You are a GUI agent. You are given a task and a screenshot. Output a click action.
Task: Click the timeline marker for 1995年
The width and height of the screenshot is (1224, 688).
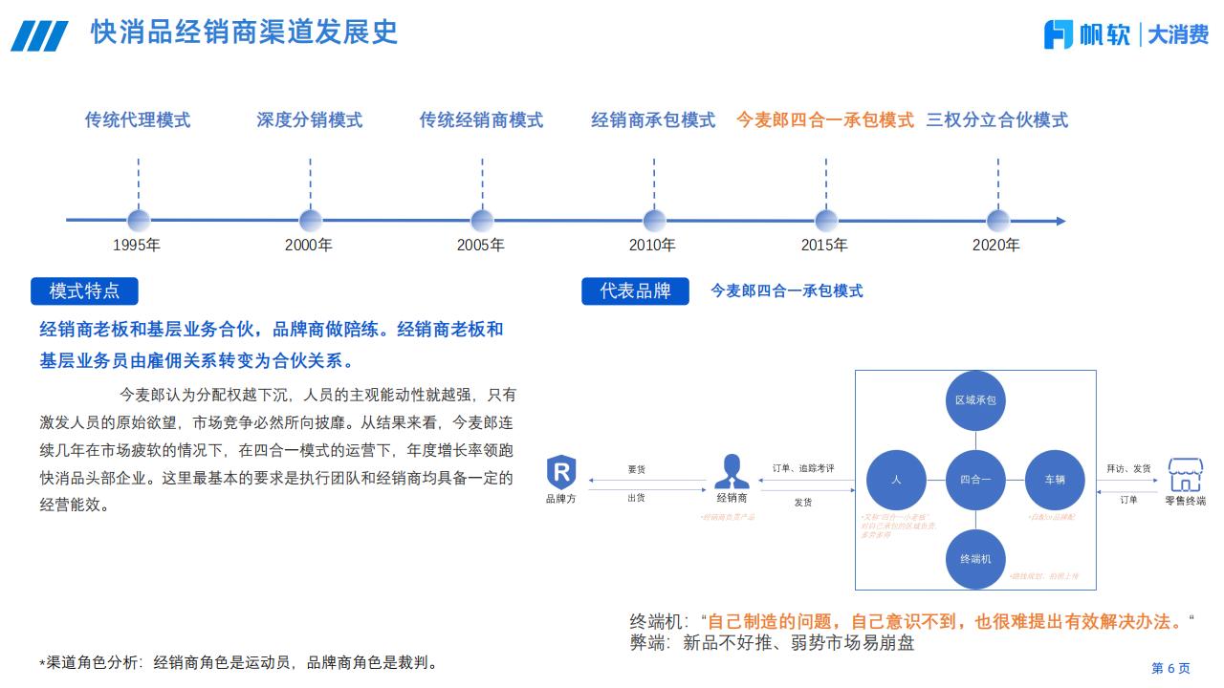[139, 221]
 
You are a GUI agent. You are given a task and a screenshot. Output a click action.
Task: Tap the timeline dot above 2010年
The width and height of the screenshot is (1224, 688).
[654, 221]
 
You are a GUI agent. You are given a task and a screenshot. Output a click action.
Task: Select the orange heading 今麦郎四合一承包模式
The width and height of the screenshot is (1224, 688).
[824, 120]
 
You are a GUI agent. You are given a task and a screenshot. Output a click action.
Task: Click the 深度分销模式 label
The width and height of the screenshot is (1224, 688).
[310, 120]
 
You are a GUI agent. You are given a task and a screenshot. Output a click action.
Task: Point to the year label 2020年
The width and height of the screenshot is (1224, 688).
[996, 246]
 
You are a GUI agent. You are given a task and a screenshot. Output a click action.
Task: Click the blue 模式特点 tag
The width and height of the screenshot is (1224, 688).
[84, 290]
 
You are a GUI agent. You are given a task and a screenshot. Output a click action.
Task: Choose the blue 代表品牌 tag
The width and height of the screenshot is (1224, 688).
[635, 290]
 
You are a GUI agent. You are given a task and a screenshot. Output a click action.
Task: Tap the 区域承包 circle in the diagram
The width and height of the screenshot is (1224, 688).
[975, 399]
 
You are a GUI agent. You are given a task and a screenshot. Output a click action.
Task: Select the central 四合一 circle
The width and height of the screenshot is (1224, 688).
[975, 480]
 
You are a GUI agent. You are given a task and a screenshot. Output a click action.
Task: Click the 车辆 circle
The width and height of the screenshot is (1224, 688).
[1055, 480]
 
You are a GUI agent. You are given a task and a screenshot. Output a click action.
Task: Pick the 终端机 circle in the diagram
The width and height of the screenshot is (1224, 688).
[975, 558]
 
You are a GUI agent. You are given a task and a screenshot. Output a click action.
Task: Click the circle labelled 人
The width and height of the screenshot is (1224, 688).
[896, 480]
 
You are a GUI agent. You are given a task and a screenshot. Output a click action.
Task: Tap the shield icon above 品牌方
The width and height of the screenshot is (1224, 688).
[561, 473]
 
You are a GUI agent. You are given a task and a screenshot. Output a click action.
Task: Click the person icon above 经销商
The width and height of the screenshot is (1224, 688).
[732, 471]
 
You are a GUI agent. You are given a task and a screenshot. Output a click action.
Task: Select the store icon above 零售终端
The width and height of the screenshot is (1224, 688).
[1185, 473]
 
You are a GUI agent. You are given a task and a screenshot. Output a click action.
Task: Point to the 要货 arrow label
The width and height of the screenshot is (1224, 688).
[637, 469]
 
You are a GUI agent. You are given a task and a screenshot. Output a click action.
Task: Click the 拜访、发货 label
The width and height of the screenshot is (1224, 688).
[1129, 468]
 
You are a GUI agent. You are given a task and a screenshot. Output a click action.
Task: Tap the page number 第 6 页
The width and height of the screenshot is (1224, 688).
[1170, 668]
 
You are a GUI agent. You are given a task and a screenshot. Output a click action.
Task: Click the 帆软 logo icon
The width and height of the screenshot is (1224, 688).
[1059, 34]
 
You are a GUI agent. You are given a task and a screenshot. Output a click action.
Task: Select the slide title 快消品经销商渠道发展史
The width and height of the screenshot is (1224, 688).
[244, 32]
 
